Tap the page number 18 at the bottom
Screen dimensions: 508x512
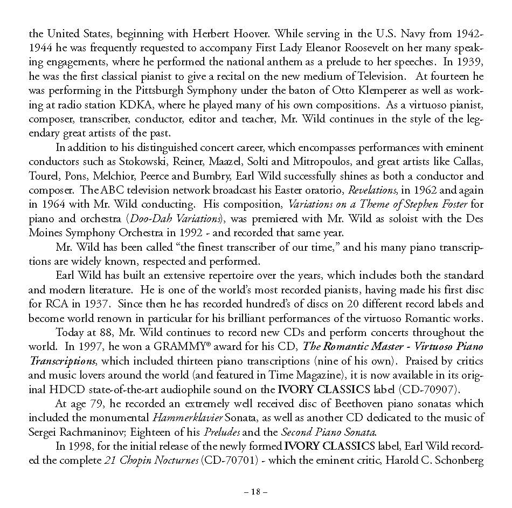(x=255, y=492)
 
